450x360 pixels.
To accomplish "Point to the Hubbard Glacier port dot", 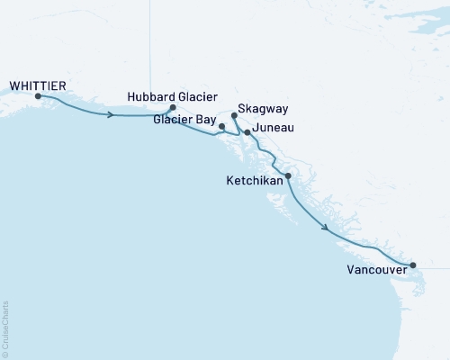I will [x=173, y=107].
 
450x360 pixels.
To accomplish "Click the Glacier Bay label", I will [x=184, y=118].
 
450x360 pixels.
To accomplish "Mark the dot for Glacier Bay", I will [x=221, y=127].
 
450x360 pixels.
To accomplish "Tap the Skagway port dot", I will [x=234, y=115].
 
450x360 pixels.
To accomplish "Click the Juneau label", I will [x=275, y=129].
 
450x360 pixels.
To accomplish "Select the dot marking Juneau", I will [x=247, y=132].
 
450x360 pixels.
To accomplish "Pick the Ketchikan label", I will [x=254, y=181].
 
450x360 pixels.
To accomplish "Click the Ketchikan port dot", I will [x=288, y=175].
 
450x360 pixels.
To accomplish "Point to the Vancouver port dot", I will [x=413, y=265].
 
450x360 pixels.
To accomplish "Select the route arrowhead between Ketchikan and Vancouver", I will [x=323, y=229].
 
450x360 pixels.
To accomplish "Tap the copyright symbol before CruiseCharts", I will [x=5, y=354].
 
